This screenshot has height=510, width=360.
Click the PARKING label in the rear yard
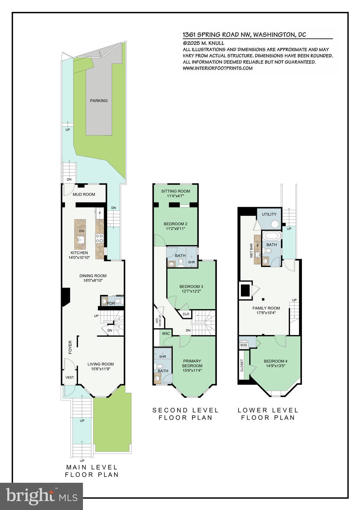(99, 101)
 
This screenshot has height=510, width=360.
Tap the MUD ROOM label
(84, 195)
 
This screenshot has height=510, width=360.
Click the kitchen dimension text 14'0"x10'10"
(79, 257)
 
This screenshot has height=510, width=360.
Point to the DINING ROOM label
(93, 276)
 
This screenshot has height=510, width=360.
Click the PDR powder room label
(110, 303)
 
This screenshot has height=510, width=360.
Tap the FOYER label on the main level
(70, 347)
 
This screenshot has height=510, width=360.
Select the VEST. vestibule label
(70, 378)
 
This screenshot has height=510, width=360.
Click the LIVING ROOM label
(101, 364)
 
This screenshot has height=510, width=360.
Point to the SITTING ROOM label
(176, 191)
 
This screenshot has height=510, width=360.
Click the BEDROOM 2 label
(176, 224)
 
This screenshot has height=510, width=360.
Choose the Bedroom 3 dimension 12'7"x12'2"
(191, 291)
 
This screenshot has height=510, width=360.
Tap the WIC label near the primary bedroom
(166, 333)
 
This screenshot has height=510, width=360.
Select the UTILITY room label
(269, 214)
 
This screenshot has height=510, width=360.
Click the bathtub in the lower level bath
(271, 236)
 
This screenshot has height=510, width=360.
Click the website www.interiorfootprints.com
(217, 68)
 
